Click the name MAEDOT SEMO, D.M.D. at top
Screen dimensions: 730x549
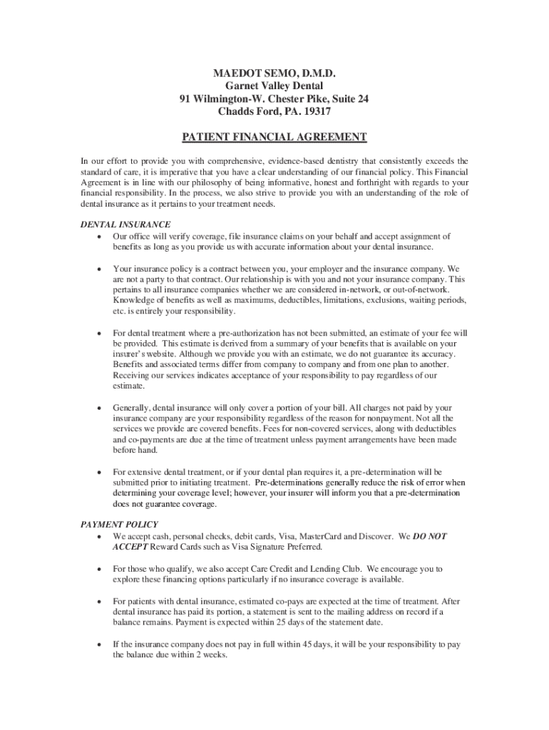click(x=274, y=73)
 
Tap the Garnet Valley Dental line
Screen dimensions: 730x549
click(x=274, y=86)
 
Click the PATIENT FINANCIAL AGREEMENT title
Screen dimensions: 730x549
click(x=274, y=137)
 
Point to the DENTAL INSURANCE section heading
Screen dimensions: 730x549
click(x=125, y=224)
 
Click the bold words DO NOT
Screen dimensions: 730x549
click(x=430, y=536)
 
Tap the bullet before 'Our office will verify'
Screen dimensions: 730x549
click(x=97, y=237)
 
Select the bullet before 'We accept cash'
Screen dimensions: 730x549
click(x=97, y=536)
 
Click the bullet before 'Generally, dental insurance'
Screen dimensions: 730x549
click(x=97, y=408)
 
